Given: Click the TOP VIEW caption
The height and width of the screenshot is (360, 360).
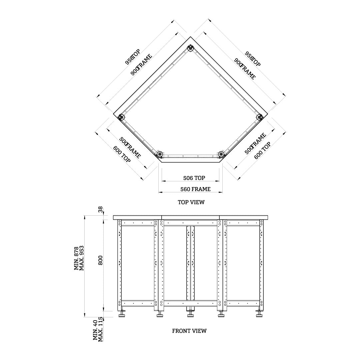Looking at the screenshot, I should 191,202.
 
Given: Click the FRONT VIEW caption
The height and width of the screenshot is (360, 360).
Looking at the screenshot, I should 189,331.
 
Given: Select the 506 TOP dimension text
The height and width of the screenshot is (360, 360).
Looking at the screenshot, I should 194,178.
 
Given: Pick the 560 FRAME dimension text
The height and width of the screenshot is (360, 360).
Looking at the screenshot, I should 195,189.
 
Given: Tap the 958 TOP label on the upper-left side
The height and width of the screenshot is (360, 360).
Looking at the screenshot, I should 133,56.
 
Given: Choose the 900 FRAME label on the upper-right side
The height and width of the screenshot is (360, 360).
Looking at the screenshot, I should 245,69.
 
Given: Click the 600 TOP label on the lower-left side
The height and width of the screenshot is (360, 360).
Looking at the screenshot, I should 122,154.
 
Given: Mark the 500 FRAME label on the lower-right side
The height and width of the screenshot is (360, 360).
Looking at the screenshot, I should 256,144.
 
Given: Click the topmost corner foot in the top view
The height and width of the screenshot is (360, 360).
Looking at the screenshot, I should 190,49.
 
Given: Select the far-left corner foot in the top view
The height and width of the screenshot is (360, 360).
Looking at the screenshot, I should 121,117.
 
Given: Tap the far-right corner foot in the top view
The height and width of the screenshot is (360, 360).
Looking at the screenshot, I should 259,117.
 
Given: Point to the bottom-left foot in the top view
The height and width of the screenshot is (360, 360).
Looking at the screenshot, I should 159,154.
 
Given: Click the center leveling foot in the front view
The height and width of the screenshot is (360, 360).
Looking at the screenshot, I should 190,314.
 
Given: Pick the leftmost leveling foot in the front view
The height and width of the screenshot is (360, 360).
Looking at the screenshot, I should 122,314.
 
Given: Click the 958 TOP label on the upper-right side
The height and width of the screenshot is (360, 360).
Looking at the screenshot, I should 253,59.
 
